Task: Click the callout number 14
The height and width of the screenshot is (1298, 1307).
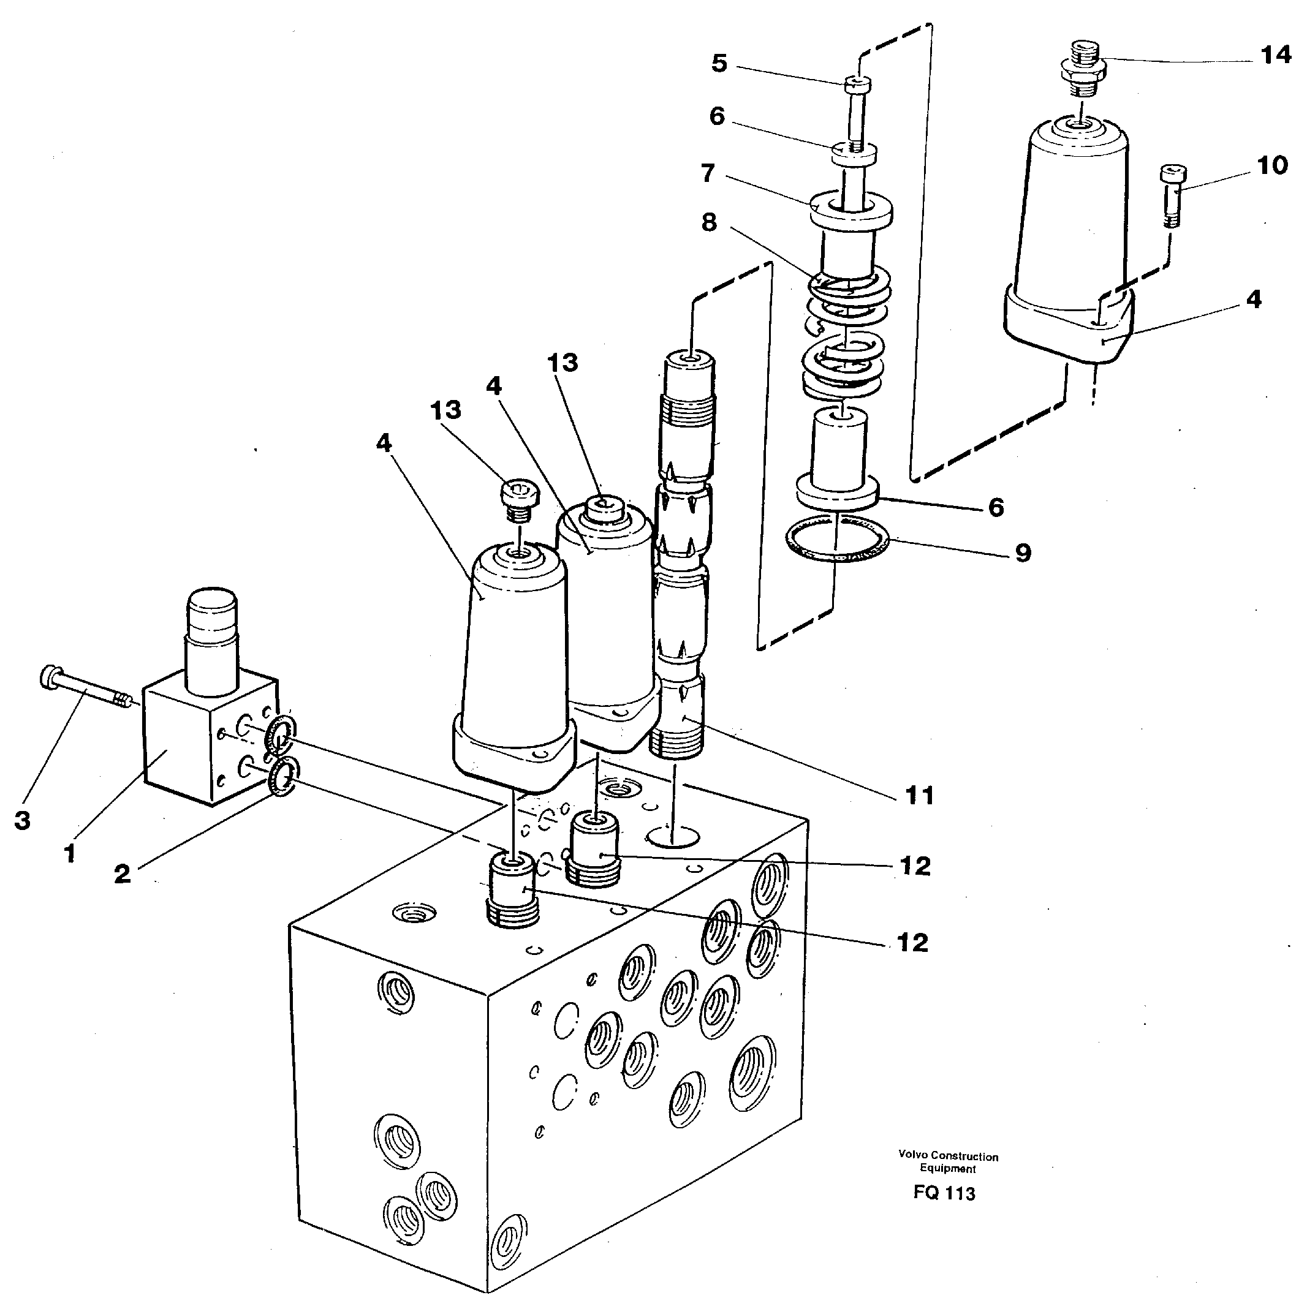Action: pos(1276,55)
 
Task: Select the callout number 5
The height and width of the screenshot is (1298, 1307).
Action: pos(719,64)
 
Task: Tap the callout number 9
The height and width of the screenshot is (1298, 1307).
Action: pos(1023,553)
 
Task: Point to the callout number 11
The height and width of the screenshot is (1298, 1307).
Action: pos(919,796)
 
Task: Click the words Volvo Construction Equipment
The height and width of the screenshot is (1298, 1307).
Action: pos(948,1162)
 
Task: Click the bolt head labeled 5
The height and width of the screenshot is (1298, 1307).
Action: pos(858,85)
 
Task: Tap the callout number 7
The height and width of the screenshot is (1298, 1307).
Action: pos(708,173)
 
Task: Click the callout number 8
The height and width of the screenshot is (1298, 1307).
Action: pos(708,222)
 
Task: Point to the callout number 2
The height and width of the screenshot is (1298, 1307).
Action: pos(122,874)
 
